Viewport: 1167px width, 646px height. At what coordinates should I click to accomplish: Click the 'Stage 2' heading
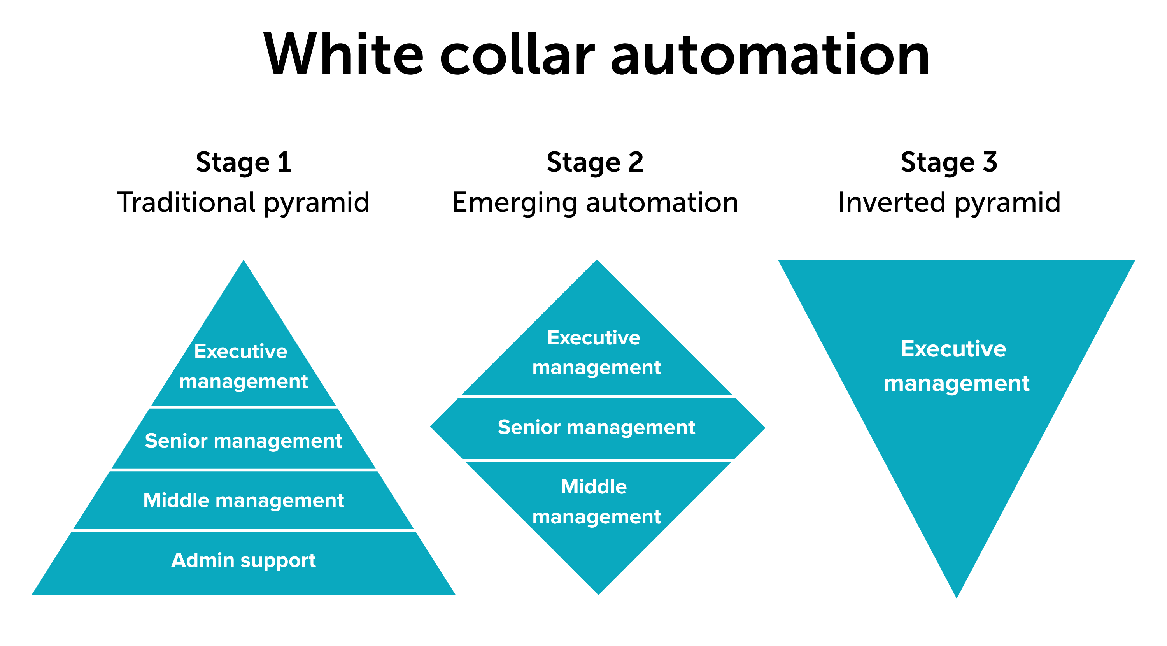(595, 162)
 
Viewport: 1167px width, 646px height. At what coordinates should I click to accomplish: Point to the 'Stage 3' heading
(949, 162)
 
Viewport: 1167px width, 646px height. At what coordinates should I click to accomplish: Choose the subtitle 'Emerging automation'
(595, 203)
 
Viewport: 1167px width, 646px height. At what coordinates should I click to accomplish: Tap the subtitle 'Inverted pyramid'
(949, 203)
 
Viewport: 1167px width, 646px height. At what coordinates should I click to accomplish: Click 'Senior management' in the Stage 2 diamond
(596, 428)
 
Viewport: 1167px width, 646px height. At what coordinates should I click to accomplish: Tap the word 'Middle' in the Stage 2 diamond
(594, 487)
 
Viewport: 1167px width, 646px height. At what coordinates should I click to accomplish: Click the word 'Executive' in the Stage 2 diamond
(594, 338)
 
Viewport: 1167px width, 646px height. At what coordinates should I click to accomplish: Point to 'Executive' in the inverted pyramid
(953, 349)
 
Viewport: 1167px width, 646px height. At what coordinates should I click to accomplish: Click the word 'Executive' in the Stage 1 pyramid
(240, 351)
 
